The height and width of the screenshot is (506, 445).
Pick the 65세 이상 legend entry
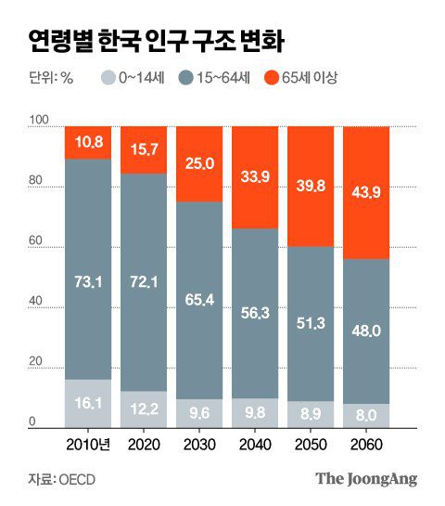(x=300, y=78)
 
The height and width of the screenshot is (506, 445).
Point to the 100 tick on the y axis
(x=38, y=121)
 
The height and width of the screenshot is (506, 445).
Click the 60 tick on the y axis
(x=38, y=241)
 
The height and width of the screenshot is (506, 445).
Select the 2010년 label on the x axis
(x=90, y=442)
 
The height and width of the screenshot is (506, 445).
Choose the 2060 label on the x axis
(x=366, y=442)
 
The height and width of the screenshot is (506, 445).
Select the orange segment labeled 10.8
(x=88, y=143)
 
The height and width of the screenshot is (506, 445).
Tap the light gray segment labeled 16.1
(x=88, y=403)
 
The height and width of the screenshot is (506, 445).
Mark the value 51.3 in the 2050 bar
(x=311, y=322)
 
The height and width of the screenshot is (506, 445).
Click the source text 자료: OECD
(x=61, y=479)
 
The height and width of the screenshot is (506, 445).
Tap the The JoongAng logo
(x=366, y=479)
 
